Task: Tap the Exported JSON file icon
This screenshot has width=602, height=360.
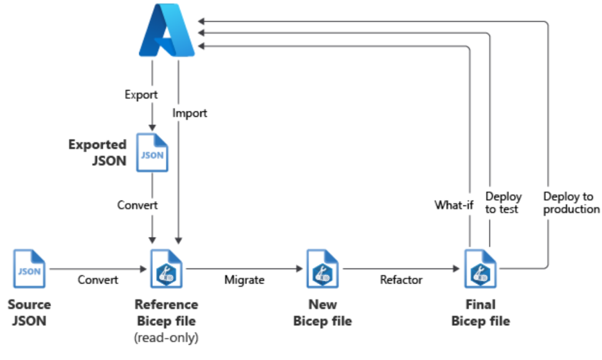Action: coord(152,152)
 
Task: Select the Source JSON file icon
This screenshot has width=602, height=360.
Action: coord(29,270)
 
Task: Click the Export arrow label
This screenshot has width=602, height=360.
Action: coord(141,94)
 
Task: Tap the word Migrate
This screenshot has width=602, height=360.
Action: coord(244,280)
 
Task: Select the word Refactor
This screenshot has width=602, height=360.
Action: coord(401,280)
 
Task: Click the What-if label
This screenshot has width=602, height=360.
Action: coord(454,205)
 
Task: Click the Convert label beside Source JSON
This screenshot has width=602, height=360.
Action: coord(98,280)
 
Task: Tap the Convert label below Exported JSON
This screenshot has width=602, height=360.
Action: coord(137,205)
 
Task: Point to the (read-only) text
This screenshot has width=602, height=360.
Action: coord(166,338)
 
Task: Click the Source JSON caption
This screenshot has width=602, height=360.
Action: coord(29,313)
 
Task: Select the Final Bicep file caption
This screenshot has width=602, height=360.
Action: coord(480,313)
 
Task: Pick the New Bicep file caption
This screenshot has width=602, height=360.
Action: coord(322,313)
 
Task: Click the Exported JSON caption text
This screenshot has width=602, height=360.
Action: coord(98,152)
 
